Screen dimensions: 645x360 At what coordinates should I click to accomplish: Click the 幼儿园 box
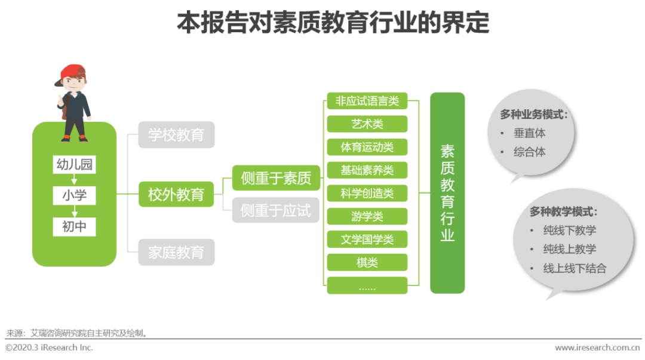pyautogui.click(x=74, y=165)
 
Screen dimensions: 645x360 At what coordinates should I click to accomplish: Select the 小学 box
pyautogui.click(x=74, y=195)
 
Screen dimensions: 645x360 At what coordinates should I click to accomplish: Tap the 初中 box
pyautogui.click(x=74, y=226)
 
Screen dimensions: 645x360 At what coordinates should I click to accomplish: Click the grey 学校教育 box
pyautogui.click(x=176, y=135)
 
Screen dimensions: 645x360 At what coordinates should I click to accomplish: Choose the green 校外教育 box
pyautogui.click(x=176, y=194)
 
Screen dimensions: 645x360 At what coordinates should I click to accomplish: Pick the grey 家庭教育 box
pyautogui.click(x=176, y=253)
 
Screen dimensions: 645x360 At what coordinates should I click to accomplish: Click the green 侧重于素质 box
pyautogui.click(x=276, y=178)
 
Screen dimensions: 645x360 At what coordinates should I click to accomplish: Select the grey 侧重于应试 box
pyautogui.click(x=276, y=210)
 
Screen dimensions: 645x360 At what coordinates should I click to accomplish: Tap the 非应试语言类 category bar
pyautogui.click(x=367, y=101)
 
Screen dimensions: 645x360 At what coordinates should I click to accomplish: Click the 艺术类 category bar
pyautogui.click(x=367, y=124)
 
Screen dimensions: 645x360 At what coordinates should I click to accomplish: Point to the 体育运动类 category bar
pyautogui.click(x=367, y=147)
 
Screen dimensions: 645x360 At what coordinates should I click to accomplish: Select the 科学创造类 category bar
pyautogui.click(x=367, y=193)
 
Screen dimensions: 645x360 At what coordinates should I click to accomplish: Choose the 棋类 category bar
pyautogui.click(x=367, y=262)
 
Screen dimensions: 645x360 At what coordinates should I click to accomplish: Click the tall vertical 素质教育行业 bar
pyautogui.click(x=447, y=193)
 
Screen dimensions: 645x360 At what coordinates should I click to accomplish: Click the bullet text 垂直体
pyautogui.click(x=530, y=133)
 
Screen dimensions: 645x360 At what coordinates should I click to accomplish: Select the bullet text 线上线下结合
pyautogui.click(x=575, y=268)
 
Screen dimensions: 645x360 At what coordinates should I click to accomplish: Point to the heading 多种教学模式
pyautogui.click(x=563, y=211)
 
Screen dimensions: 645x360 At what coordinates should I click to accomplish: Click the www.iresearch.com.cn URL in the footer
pyautogui.click(x=597, y=347)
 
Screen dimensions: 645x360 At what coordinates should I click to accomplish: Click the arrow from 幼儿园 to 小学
pyautogui.click(x=74, y=180)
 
